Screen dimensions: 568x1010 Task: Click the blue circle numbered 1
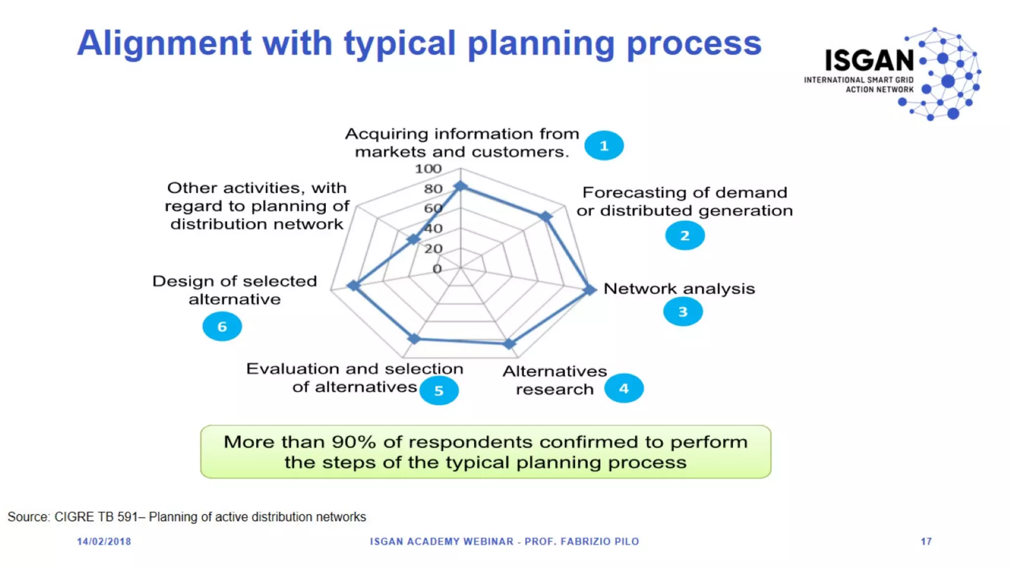click(604, 145)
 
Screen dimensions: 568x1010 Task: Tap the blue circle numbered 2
click(685, 236)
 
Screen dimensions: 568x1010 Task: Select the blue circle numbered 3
click(683, 312)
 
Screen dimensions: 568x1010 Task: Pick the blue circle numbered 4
click(624, 389)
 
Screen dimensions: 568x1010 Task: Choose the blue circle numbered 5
click(438, 390)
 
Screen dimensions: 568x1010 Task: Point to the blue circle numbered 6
click(222, 326)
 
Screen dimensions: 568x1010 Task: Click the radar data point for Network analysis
click(590, 289)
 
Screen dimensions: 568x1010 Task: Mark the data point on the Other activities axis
click(413, 240)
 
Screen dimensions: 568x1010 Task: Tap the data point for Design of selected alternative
click(354, 285)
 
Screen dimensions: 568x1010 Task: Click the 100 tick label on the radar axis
click(428, 169)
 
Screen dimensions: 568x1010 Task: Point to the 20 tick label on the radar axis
click(433, 249)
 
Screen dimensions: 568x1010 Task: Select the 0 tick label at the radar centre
click(437, 269)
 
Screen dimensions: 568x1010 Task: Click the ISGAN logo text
click(869, 61)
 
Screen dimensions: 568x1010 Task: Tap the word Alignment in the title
click(164, 43)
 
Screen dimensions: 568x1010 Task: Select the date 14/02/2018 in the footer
click(104, 541)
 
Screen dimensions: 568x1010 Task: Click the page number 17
click(926, 541)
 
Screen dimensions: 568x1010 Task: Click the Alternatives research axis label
click(554, 380)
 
